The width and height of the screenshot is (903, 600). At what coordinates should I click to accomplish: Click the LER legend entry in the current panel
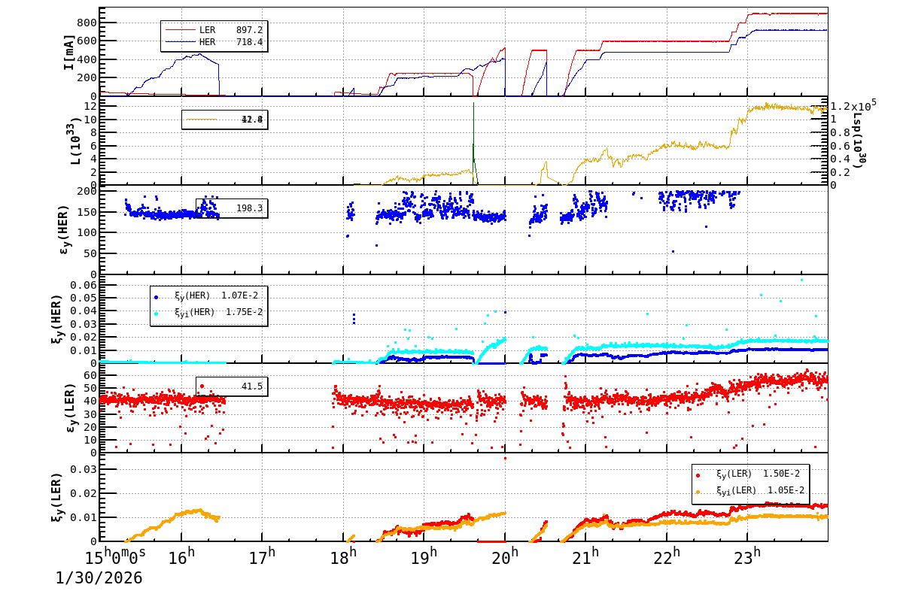[x=214, y=30]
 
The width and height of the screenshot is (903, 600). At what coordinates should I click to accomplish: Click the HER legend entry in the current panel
[x=214, y=42]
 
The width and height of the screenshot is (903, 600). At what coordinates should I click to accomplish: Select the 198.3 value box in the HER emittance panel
[x=231, y=208]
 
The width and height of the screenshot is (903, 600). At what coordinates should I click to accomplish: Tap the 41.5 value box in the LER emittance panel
[x=231, y=386]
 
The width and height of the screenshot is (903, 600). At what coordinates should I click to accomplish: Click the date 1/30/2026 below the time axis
[x=99, y=578]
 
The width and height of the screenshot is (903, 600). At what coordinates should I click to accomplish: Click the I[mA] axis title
[x=68, y=52]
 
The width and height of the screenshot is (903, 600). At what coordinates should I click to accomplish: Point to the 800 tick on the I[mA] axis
[x=85, y=23]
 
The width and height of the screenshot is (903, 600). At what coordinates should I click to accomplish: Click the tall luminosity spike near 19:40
[x=473, y=128]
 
